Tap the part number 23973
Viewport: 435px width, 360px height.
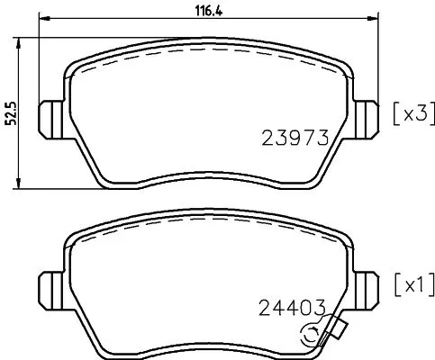293,138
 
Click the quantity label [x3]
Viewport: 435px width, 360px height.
412,114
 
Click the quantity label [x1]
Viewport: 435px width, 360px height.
412,286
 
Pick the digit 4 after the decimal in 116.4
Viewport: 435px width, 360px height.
195,12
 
